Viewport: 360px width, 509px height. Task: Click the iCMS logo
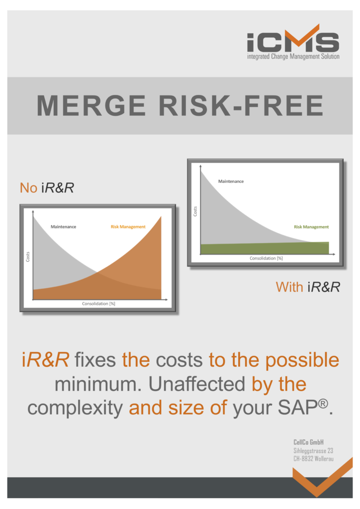coord(293,42)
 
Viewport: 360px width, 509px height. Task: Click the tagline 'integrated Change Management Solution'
coord(293,57)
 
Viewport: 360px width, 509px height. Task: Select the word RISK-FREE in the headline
coord(241,105)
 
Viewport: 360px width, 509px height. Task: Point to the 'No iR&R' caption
coord(47,187)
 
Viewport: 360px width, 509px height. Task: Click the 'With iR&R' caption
coord(308,287)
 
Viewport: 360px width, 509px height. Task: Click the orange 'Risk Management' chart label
coord(128,227)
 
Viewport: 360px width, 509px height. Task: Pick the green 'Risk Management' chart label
coord(311,227)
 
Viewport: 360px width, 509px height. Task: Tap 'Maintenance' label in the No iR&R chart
coord(63,227)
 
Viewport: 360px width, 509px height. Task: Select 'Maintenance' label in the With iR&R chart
coord(231,181)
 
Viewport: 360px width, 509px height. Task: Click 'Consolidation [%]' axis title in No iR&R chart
coord(98,304)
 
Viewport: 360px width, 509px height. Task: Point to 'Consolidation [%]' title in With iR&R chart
coord(266,258)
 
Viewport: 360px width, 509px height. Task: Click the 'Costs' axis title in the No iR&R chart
coord(27,256)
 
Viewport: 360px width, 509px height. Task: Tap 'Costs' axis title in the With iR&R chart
coord(195,211)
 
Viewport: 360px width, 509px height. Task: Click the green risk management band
coord(265,249)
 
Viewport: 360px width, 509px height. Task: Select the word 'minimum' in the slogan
coord(98,384)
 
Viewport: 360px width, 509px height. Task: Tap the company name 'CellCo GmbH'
coord(308,442)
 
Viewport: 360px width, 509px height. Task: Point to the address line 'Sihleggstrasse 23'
coord(313,450)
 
